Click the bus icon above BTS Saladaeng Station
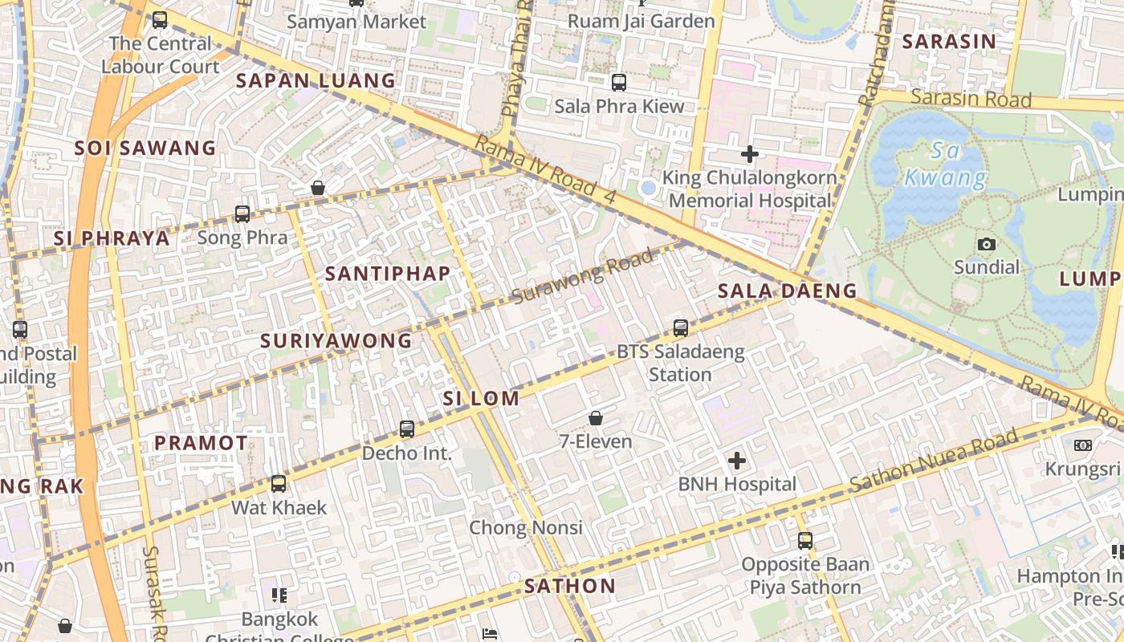[x=680, y=327]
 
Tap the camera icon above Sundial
[x=986, y=244]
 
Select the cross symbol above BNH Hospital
[x=736, y=461]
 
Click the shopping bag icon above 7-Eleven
[x=596, y=418]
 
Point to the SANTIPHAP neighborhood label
[x=388, y=274]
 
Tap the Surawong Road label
[x=582, y=278]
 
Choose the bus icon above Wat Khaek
[x=279, y=484]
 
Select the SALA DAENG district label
[x=787, y=291]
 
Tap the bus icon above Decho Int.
[x=407, y=429]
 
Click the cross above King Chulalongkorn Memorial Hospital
[x=750, y=153]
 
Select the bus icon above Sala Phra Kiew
[x=619, y=82]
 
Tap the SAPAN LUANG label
[x=316, y=81]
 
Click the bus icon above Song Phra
[x=242, y=214]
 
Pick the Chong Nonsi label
[x=526, y=528]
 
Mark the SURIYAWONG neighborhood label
[x=336, y=341]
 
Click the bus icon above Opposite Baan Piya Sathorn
[x=804, y=541]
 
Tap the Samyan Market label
[x=356, y=22]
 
